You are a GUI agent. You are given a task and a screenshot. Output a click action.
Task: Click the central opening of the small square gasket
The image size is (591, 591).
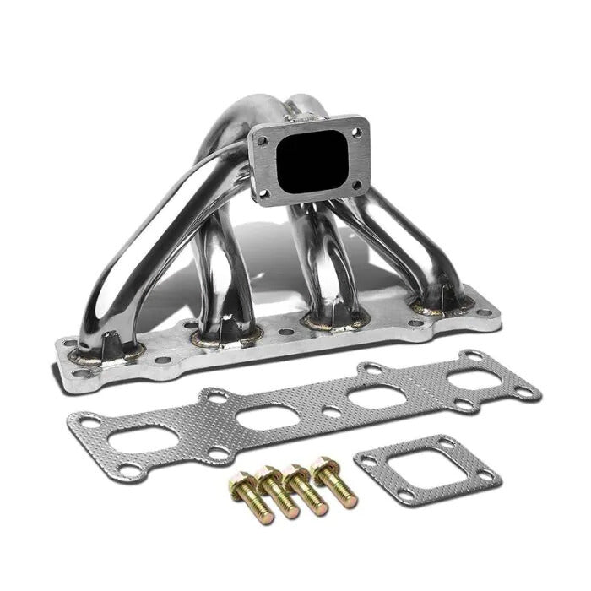[426, 467]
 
